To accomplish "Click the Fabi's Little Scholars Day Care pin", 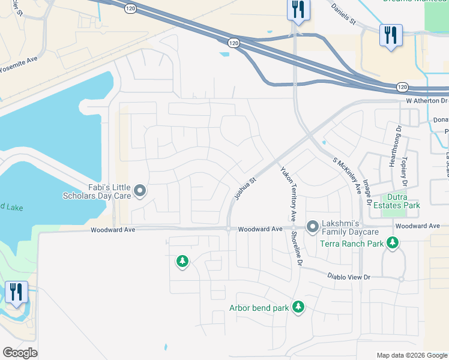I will [140, 191].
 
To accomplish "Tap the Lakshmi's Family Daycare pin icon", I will [313, 226].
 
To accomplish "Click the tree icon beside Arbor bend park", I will [298, 307].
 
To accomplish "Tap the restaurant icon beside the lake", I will [16, 292].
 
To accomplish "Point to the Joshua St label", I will [244, 188].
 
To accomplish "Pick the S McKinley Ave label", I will [347, 176].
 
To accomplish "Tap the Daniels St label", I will [344, 13].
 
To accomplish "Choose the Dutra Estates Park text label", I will [394, 201].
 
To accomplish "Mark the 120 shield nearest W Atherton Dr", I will [403, 87].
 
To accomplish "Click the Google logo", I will [20, 352].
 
